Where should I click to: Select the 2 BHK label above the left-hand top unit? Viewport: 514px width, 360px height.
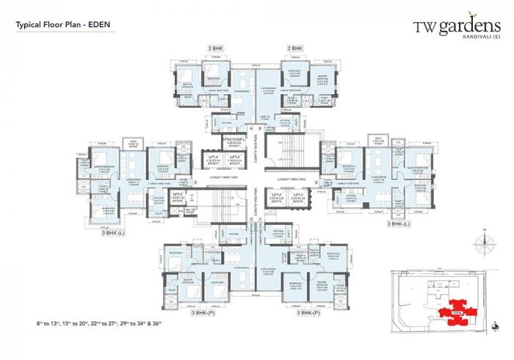(216, 48)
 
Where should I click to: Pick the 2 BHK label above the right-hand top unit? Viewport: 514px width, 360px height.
(294, 48)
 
